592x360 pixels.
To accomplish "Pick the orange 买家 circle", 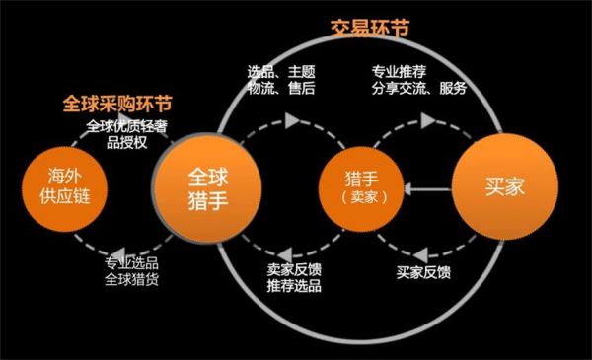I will (x=497, y=184).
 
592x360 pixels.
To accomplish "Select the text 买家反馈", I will (x=424, y=270).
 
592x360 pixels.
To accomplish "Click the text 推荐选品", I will (x=293, y=286).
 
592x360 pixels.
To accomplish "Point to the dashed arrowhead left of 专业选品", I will (x=116, y=252).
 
